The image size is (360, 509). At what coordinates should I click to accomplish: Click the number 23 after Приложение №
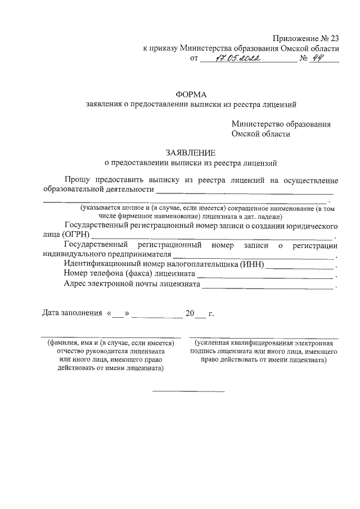tap(333, 38)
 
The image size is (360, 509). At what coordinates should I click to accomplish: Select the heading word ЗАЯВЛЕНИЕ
tap(190, 152)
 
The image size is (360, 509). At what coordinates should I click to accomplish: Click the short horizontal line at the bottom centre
tap(188, 391)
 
